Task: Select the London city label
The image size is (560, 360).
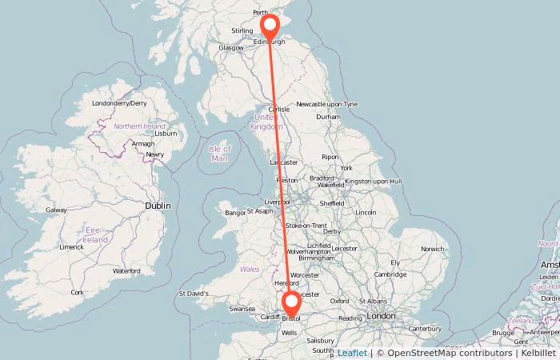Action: [x=381, y=316]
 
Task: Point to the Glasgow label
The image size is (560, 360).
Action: [x=231, y=48]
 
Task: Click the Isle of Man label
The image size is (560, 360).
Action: [x=219, y=153]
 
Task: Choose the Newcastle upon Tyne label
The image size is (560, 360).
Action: [x=326, y=105]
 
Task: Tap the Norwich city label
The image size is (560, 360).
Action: [x=432, y=249]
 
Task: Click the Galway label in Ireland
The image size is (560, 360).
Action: [x=56, y=210]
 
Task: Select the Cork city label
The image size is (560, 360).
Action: [x=77, y=292]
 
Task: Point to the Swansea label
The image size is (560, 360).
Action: [x=242, y=308]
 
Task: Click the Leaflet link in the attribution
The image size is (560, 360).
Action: [x=352, y=353]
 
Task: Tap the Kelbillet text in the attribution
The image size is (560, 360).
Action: [x=537, y=353]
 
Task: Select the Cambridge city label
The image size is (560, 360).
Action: [x=390, y=274]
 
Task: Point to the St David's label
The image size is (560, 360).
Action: [x=194, y=294]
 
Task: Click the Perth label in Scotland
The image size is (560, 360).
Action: [x=261, y=13]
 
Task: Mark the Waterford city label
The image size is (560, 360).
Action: [x=126, y=271]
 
